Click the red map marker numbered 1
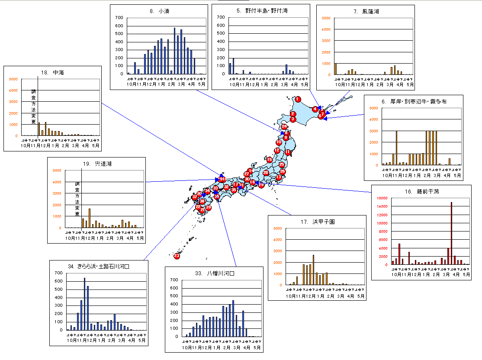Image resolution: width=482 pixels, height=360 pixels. (x=298, y=99)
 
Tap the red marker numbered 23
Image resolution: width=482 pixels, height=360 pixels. (x=177, y=256)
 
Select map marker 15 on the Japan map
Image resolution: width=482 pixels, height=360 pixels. (x=270, y=160)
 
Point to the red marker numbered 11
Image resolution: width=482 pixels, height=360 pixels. (x=288, y=152)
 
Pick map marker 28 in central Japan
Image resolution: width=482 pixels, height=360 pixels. (x=266, y=173)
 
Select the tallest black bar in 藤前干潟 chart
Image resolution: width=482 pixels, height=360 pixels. (x=451, y=233)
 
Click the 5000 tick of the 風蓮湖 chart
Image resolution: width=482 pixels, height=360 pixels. (x=327, y=18)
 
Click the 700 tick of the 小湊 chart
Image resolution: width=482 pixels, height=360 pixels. (x=119, y=18)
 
